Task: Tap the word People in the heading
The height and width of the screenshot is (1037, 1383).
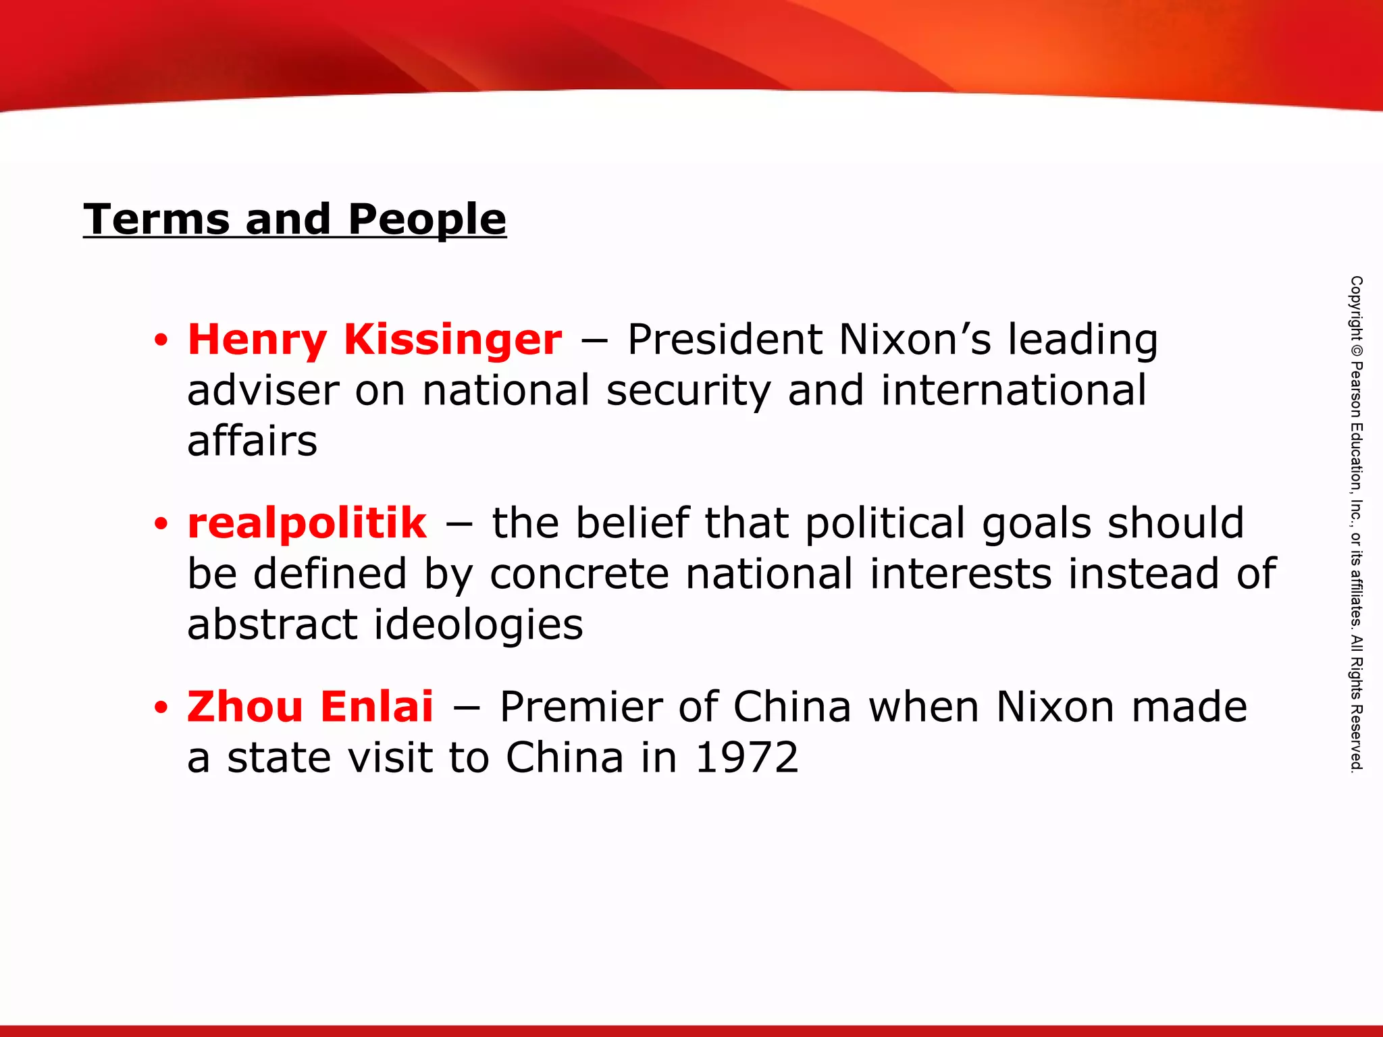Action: point(427,221)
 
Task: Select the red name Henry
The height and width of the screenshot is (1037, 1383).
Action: point(257,340)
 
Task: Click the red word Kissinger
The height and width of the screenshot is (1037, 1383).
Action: point(452,340)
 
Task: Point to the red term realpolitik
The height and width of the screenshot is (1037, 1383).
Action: point(307,523)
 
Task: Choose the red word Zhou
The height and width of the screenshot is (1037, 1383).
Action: point(244,707)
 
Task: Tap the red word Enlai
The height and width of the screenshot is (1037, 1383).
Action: point(377,707)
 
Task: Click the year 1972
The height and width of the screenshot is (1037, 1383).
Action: point(746,757)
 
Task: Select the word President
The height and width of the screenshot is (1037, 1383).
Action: point(725,340)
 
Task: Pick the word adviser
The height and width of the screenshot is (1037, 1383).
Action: point(263,390)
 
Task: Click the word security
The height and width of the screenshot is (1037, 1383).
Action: point(688,392)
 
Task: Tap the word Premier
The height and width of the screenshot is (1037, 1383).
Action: point(580,707)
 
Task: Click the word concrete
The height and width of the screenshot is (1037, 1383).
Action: point(579,574)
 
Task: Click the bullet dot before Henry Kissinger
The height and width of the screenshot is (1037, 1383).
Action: point(160,341)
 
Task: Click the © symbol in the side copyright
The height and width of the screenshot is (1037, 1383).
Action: point(1356,350)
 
